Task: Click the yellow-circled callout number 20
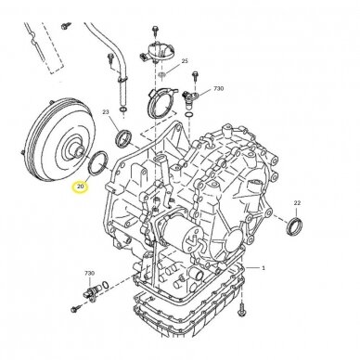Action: click(80, 186)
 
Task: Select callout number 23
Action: click(106, 111)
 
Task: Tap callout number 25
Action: click(185, 61)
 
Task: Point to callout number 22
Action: click(297, 203)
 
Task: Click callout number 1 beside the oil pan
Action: click(264, 268)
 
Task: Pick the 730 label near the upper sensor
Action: click(219, 89)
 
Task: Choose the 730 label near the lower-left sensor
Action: click(89, 274)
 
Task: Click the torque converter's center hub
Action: click(77, 151)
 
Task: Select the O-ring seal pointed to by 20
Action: click(98, 162)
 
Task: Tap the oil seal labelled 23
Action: click(123, 138)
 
